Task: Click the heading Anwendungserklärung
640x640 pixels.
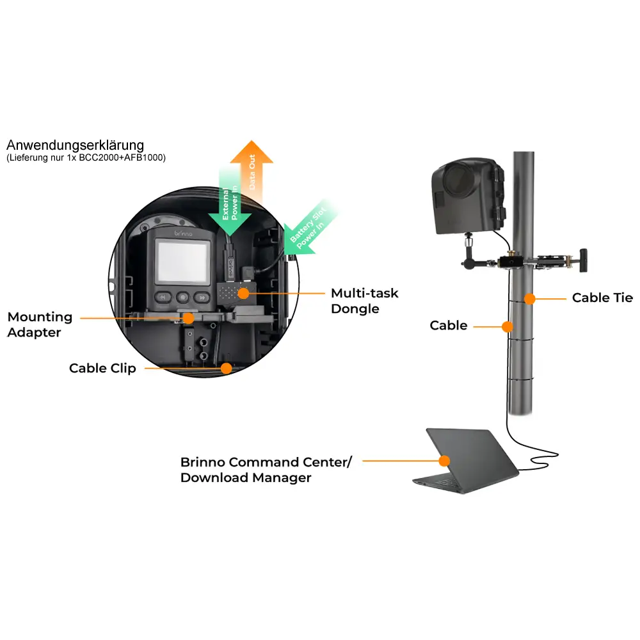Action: pos(75,145)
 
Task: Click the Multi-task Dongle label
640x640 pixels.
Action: pos(364,301)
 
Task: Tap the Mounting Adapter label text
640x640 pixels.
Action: pos(40,324)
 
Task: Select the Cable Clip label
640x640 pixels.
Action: pos(102,368)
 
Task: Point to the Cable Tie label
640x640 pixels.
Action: pos(602,298)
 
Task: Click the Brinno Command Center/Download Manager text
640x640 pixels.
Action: pos(266,469)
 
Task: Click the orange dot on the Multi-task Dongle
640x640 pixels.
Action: pos(243,292)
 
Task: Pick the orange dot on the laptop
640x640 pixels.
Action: pos(444,460)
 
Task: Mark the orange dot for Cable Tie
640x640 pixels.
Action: pos(529,298)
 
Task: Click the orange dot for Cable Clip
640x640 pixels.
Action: pos(225,368)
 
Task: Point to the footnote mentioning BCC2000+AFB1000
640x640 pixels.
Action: pos(86,157)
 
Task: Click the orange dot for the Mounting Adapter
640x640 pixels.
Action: pos(188,317)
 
